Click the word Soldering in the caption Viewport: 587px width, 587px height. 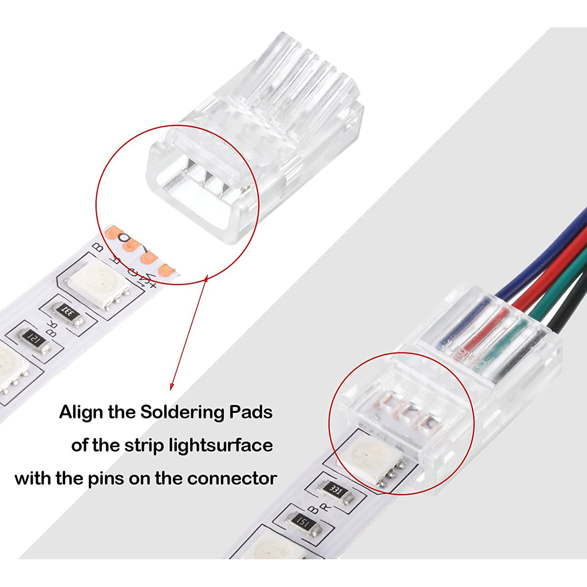point(182,412)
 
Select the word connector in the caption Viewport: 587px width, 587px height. point(232,479)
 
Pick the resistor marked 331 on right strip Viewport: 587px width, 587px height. point(336,491)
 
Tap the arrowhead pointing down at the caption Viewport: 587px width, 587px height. point(172,386)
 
